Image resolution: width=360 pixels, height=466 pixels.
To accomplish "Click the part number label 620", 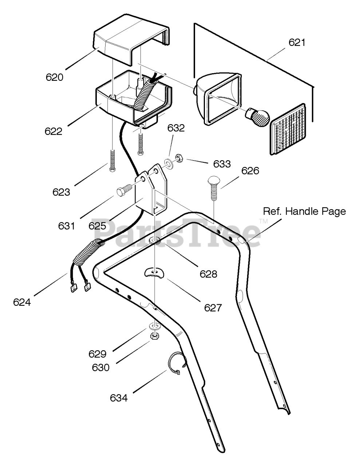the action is (x=55, y=77).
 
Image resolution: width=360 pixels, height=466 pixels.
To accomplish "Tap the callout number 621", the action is (x=297, y=42).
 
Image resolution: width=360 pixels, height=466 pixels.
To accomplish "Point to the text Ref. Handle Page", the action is (x=304, y=212).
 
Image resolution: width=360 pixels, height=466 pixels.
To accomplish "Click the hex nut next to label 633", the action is (x=179, y=158).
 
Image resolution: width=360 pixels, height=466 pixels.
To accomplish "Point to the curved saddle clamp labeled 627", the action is (x=154, y=273).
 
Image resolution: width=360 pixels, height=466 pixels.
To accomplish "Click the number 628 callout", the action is (x=208, y=274).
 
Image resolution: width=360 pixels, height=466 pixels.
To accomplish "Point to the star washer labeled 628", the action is (x=155, y=241).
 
